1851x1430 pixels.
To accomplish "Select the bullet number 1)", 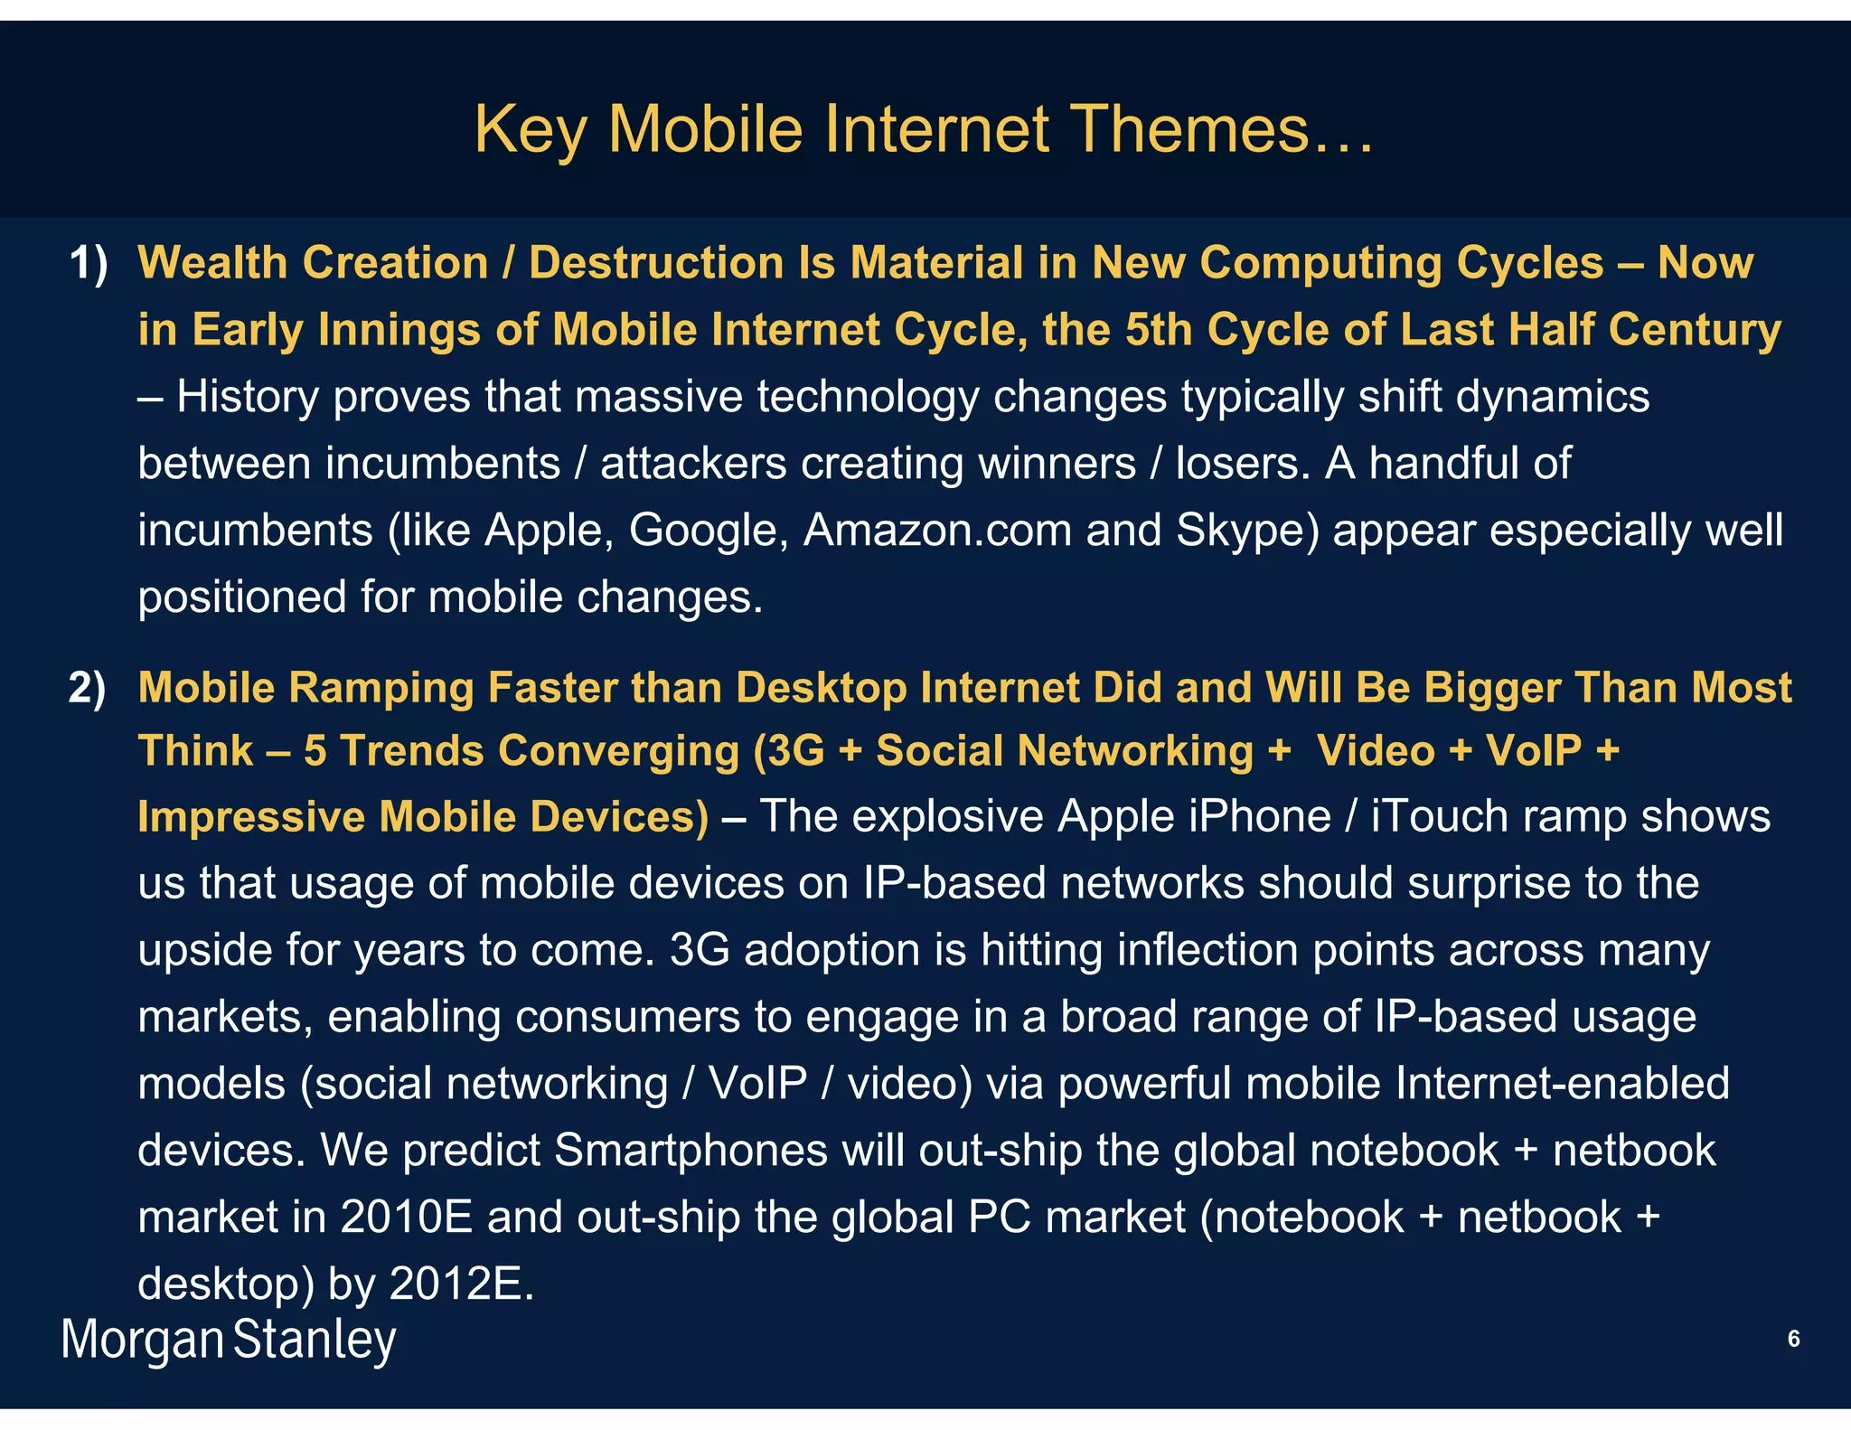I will pos(89,264).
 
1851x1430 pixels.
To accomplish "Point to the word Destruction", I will pos(656,264).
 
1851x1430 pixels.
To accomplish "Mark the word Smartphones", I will pos(691,1151).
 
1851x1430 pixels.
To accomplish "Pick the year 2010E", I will pos(407,1218).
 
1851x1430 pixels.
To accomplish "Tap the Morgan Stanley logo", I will pos(229,1340).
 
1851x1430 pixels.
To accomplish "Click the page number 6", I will pos(1793,1339).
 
